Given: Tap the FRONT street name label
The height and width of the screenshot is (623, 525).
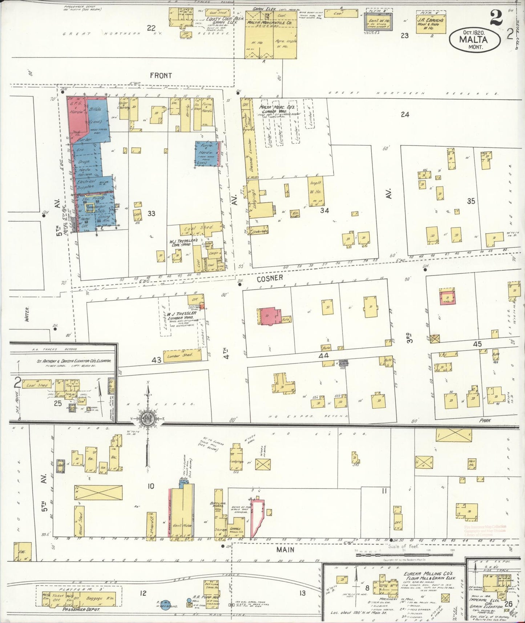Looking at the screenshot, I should pos(161,75).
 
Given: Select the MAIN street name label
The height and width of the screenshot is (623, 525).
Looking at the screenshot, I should pos(285,550).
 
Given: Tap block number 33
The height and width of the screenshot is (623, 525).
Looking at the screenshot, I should pos(151,213).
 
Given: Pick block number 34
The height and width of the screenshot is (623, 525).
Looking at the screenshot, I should pos(324,210).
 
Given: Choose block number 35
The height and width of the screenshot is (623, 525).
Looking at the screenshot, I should pos(471,201).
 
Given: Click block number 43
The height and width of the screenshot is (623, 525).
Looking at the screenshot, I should pos(156,360).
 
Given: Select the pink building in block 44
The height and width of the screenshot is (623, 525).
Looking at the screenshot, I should pos(269,316).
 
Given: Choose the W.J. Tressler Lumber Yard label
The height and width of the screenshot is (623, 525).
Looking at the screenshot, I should pos(185,315).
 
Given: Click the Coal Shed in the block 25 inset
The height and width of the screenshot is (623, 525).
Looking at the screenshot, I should pos(37,385).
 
